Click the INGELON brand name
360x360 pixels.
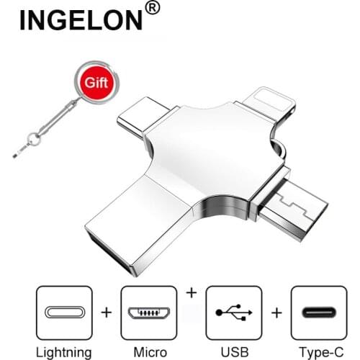(81, 19)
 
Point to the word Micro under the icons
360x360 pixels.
(148, 352)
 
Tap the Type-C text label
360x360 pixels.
(318, 352)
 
